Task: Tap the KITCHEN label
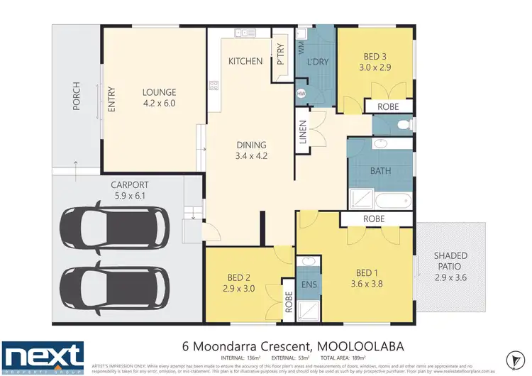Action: tap(245, 62)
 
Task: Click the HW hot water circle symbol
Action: tap(301, 94)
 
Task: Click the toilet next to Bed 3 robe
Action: tap(404, 124)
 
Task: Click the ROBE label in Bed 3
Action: tap(388, 106)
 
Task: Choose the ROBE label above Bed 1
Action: tap(374, 220)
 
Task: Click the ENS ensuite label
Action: tap(308, 285)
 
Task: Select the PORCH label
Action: tap(77, 98)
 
